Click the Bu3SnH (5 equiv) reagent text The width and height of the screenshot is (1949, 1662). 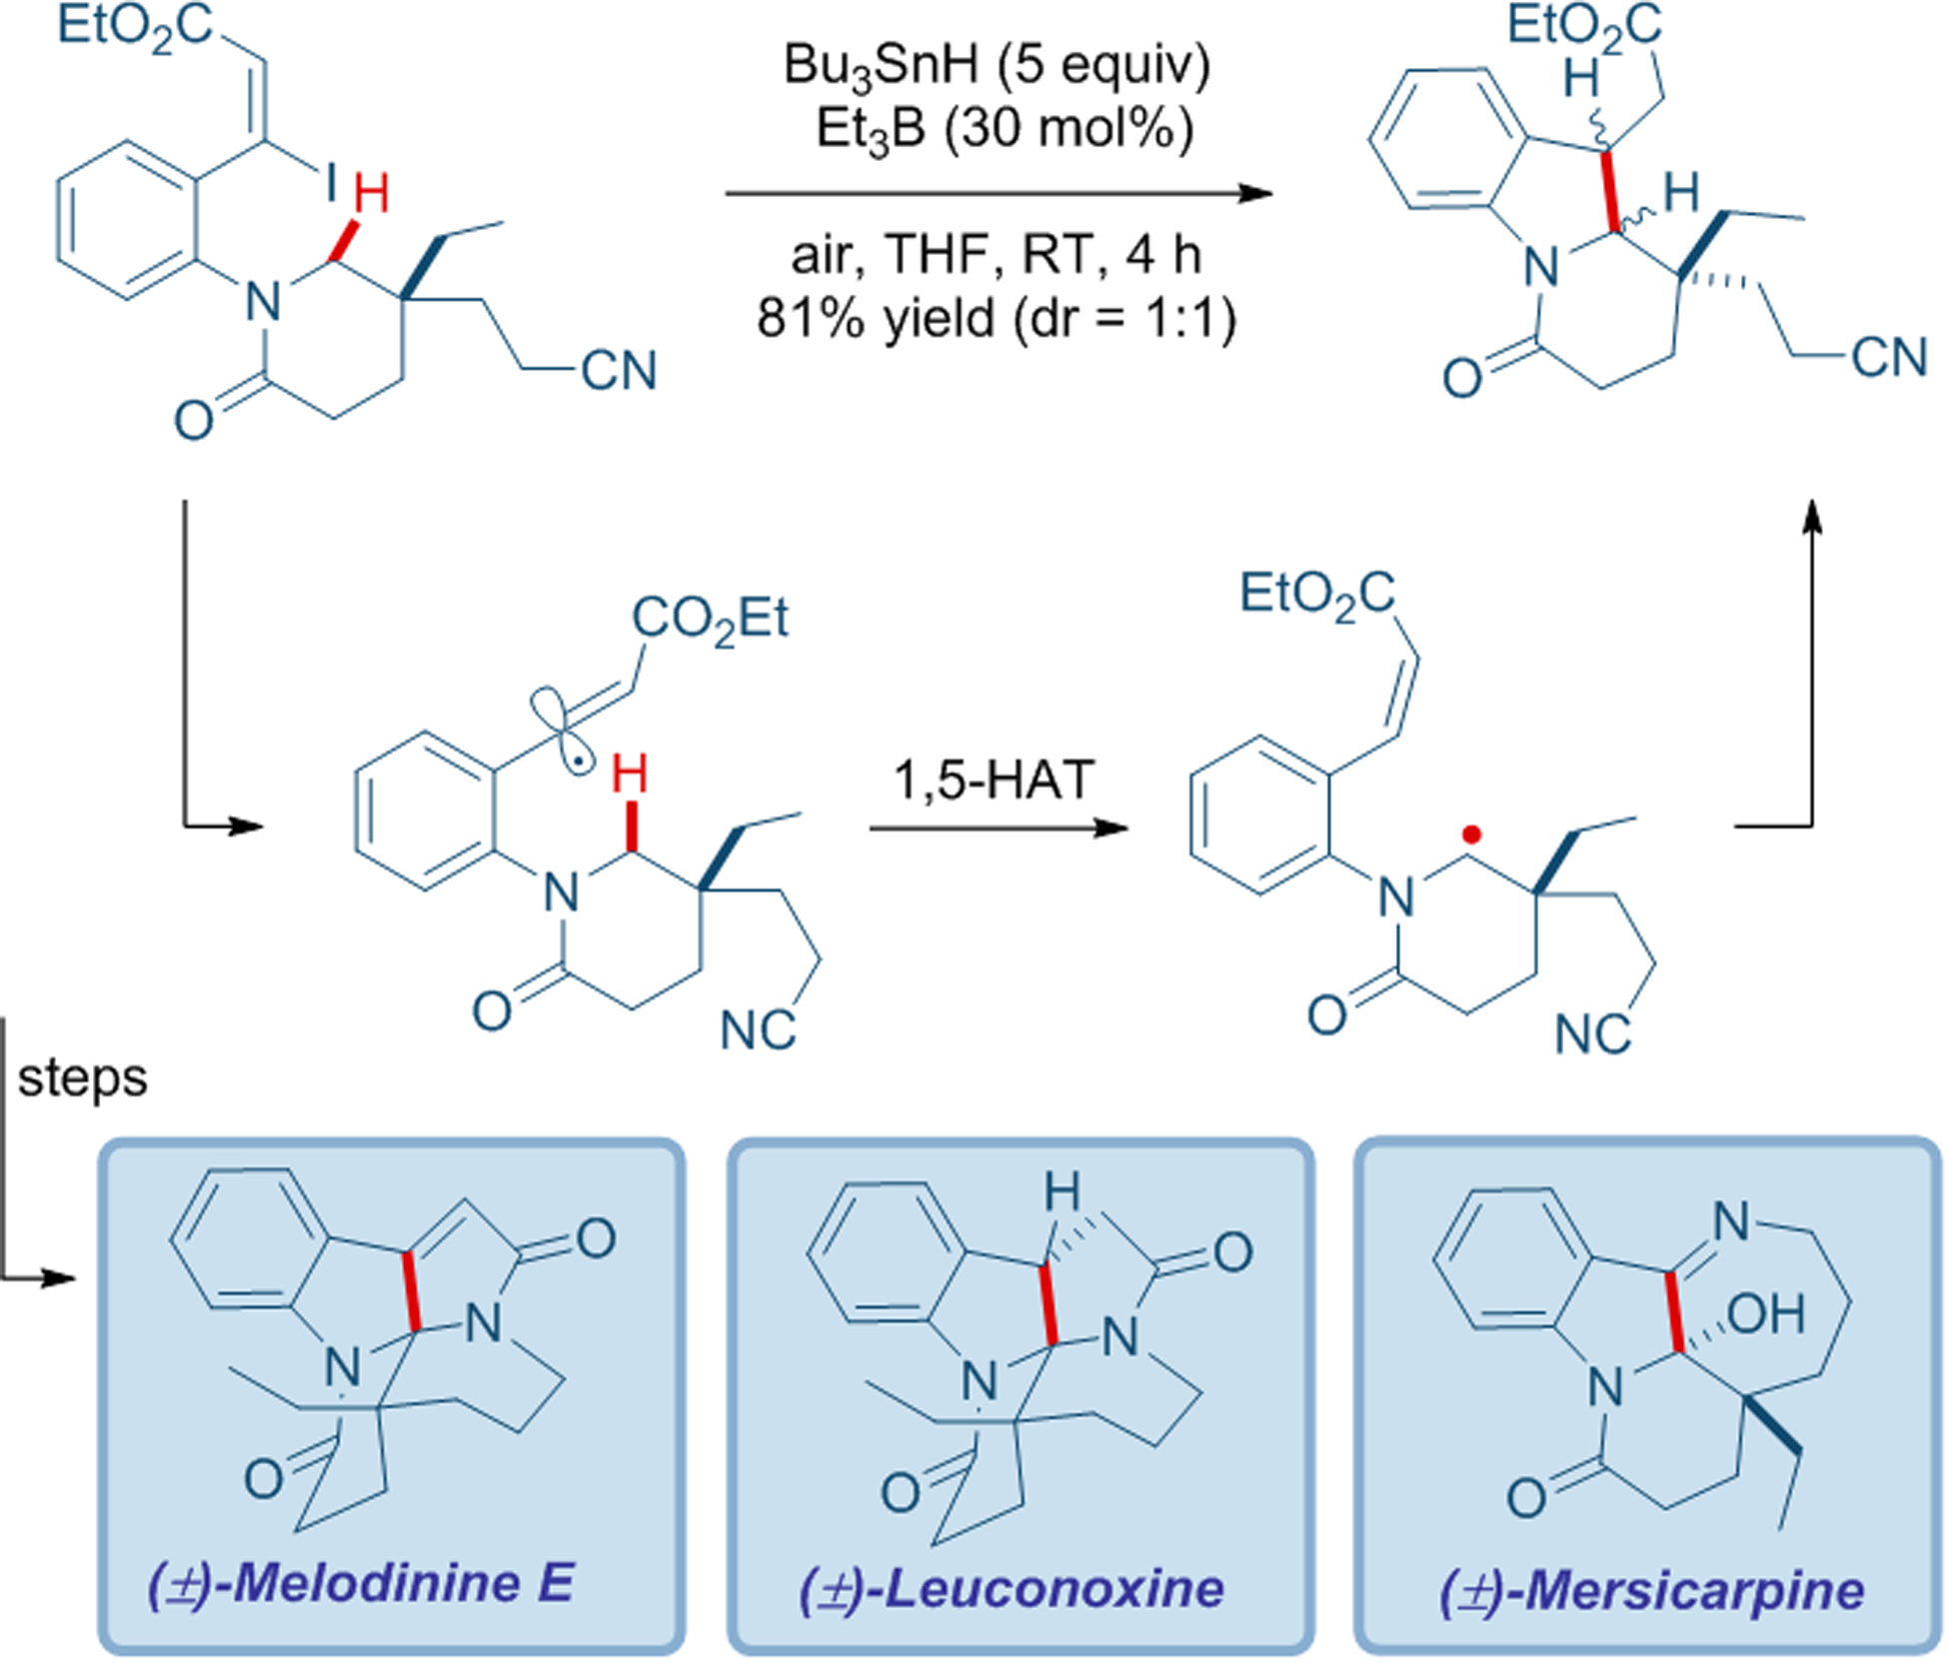pyautogui.click(x=996, y=66)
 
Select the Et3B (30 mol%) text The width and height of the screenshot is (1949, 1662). pyautogui.click(x=1003, y=130)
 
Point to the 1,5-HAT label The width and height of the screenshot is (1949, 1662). pyautogui.click(x=994, y=780)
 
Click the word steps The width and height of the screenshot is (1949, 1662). pyautogui.click(x=83, y=1077)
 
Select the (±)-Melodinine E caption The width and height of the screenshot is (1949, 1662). pyautogui.click(x=362, y=1584)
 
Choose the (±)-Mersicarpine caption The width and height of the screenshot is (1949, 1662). pyautogui.click(x=1651, y=1590)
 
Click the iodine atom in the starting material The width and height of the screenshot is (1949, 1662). pyautogui.click(x=331, y=183)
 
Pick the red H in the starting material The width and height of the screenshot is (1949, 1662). pyautogui.click(x=371, y=194)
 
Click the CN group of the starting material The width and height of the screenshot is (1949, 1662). pyautogui.click(x=619, y=371)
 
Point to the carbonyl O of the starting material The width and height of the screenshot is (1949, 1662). pyautogui.click(x=194, y=420)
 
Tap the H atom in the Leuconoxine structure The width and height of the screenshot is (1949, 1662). pyautogui.click(x=1061, y=1192)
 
